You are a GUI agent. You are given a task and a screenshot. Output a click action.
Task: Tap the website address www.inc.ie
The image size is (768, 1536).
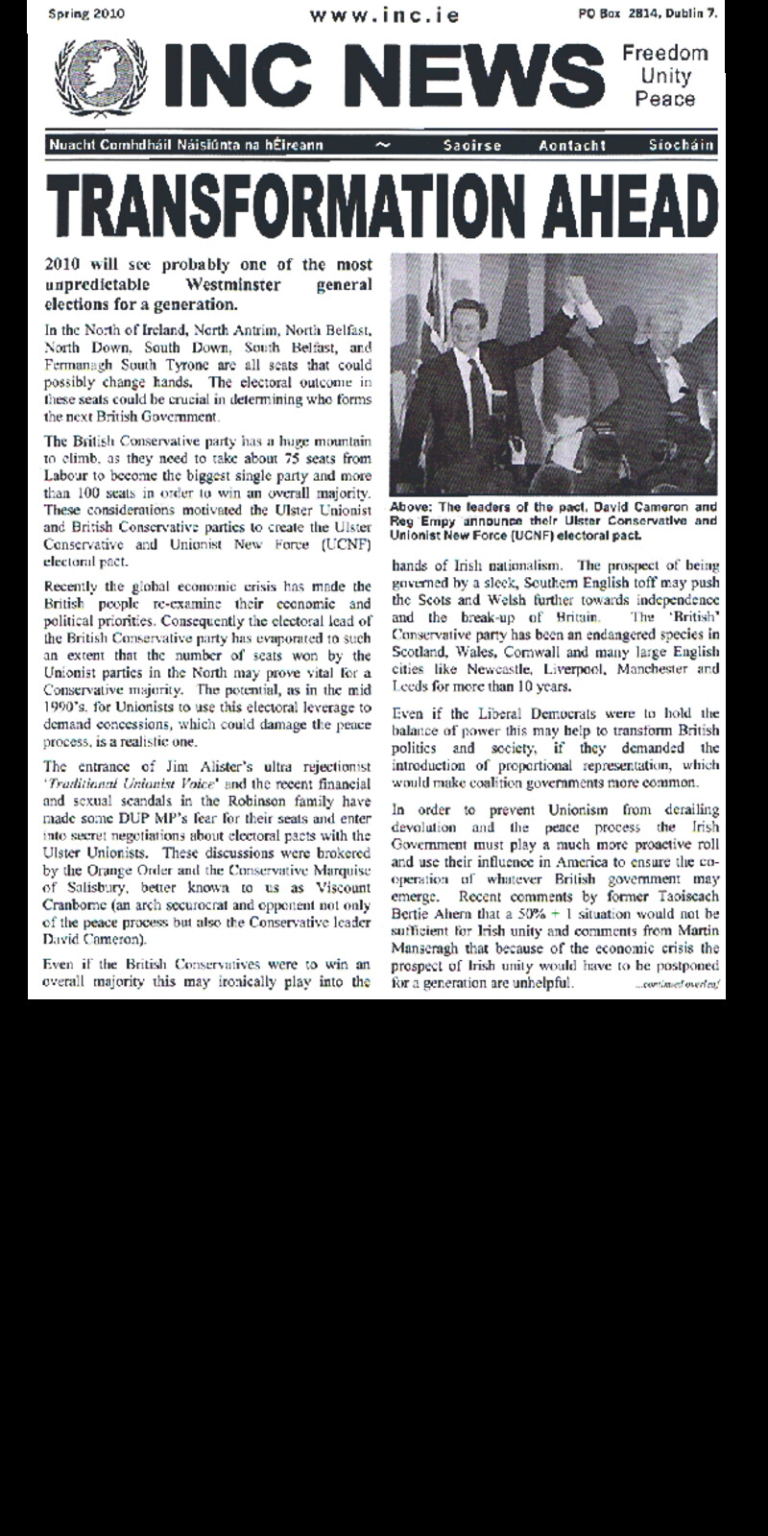tap(384, 15)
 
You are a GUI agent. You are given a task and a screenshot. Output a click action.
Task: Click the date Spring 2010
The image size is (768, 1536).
tap(85, 14)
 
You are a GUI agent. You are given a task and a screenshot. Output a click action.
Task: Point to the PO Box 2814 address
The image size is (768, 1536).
tap(647, 14)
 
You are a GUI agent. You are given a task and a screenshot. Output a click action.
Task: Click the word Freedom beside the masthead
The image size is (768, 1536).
tap(664, 54)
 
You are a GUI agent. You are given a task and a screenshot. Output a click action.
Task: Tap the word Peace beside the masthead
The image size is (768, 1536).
tap(664, 99)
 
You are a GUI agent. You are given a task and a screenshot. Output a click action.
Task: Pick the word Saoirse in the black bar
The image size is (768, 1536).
tap(472, 145)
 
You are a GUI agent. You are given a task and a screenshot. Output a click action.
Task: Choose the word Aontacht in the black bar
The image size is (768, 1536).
tap(572, 145)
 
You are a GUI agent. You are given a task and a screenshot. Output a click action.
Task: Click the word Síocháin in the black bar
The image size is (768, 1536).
tap(681, 145)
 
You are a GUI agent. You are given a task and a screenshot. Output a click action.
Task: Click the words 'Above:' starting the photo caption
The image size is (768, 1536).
tap(411, 507)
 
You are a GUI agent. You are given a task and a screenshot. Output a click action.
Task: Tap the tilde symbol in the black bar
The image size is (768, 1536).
tap(383, 145)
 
